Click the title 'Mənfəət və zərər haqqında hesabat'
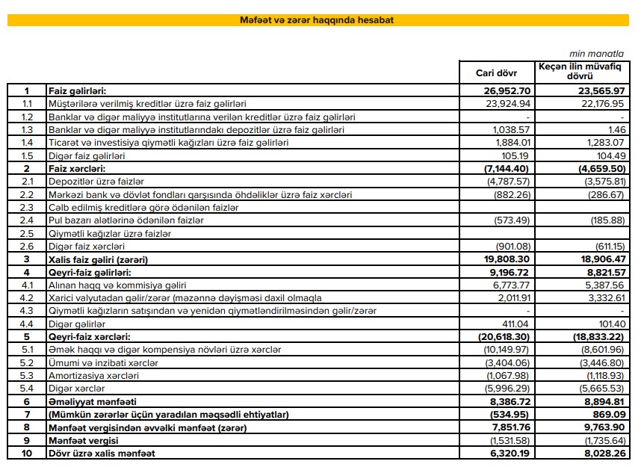point(318,20)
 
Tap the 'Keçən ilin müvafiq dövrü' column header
point(580,72)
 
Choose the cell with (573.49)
point(511,220)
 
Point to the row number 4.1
point(28,285)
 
